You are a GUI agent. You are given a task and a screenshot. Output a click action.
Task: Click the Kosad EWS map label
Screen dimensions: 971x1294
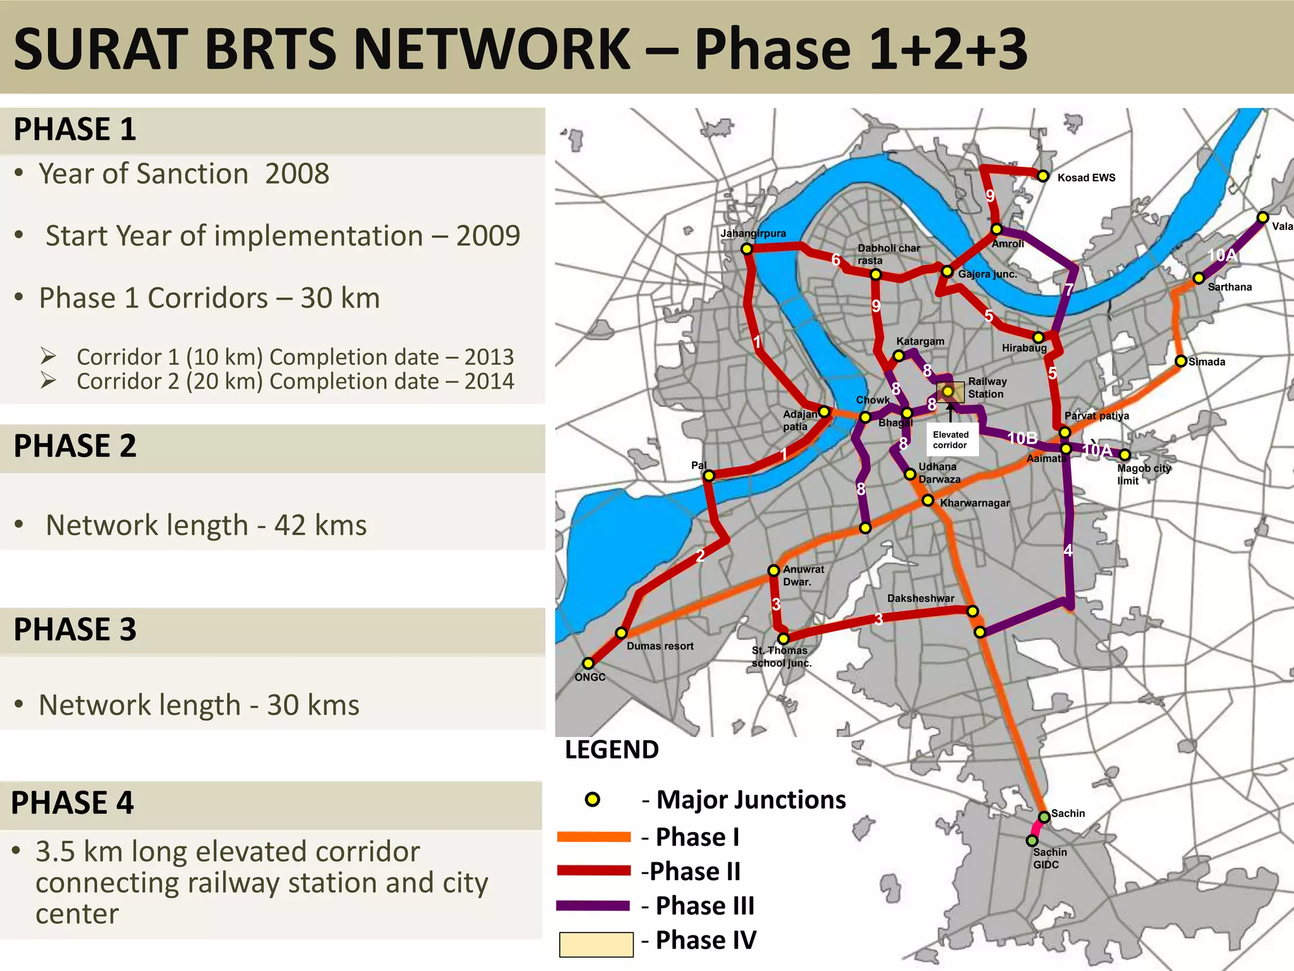1086,178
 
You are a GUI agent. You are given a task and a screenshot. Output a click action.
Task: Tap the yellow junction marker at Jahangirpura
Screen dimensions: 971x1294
747,249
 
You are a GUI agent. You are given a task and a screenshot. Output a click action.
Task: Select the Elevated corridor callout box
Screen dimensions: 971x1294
950,439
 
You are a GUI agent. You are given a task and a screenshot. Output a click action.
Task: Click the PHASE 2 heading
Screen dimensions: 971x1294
75,446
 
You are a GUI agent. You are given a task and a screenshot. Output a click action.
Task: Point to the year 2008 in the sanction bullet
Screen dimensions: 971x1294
297,174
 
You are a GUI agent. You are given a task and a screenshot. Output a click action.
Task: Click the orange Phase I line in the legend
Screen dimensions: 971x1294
594,837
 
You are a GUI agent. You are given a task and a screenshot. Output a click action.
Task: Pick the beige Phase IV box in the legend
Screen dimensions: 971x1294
596,944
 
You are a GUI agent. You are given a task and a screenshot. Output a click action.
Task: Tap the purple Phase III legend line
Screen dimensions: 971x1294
594,906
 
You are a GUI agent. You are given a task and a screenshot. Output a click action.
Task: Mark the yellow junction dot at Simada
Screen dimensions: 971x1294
1181,362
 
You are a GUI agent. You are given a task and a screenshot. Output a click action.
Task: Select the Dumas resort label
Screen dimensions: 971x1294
660,646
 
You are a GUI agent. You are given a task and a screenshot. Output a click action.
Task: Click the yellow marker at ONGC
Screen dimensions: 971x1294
588,663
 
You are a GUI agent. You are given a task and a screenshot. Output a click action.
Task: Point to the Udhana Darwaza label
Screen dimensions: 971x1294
939,473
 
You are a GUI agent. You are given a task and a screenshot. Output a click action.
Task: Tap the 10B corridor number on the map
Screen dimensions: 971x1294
1022,438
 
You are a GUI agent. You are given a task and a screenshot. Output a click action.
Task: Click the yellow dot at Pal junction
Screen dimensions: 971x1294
709,475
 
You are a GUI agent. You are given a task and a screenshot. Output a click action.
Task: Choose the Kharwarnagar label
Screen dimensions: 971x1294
974,503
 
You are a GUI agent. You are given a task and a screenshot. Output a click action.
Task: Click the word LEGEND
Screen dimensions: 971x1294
612,750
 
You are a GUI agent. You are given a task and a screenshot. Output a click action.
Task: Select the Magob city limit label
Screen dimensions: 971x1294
1144,474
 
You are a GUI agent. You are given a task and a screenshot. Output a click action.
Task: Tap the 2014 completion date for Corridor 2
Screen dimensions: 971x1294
489,381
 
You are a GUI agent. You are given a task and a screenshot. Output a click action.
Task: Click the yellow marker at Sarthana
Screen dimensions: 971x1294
1199,278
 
